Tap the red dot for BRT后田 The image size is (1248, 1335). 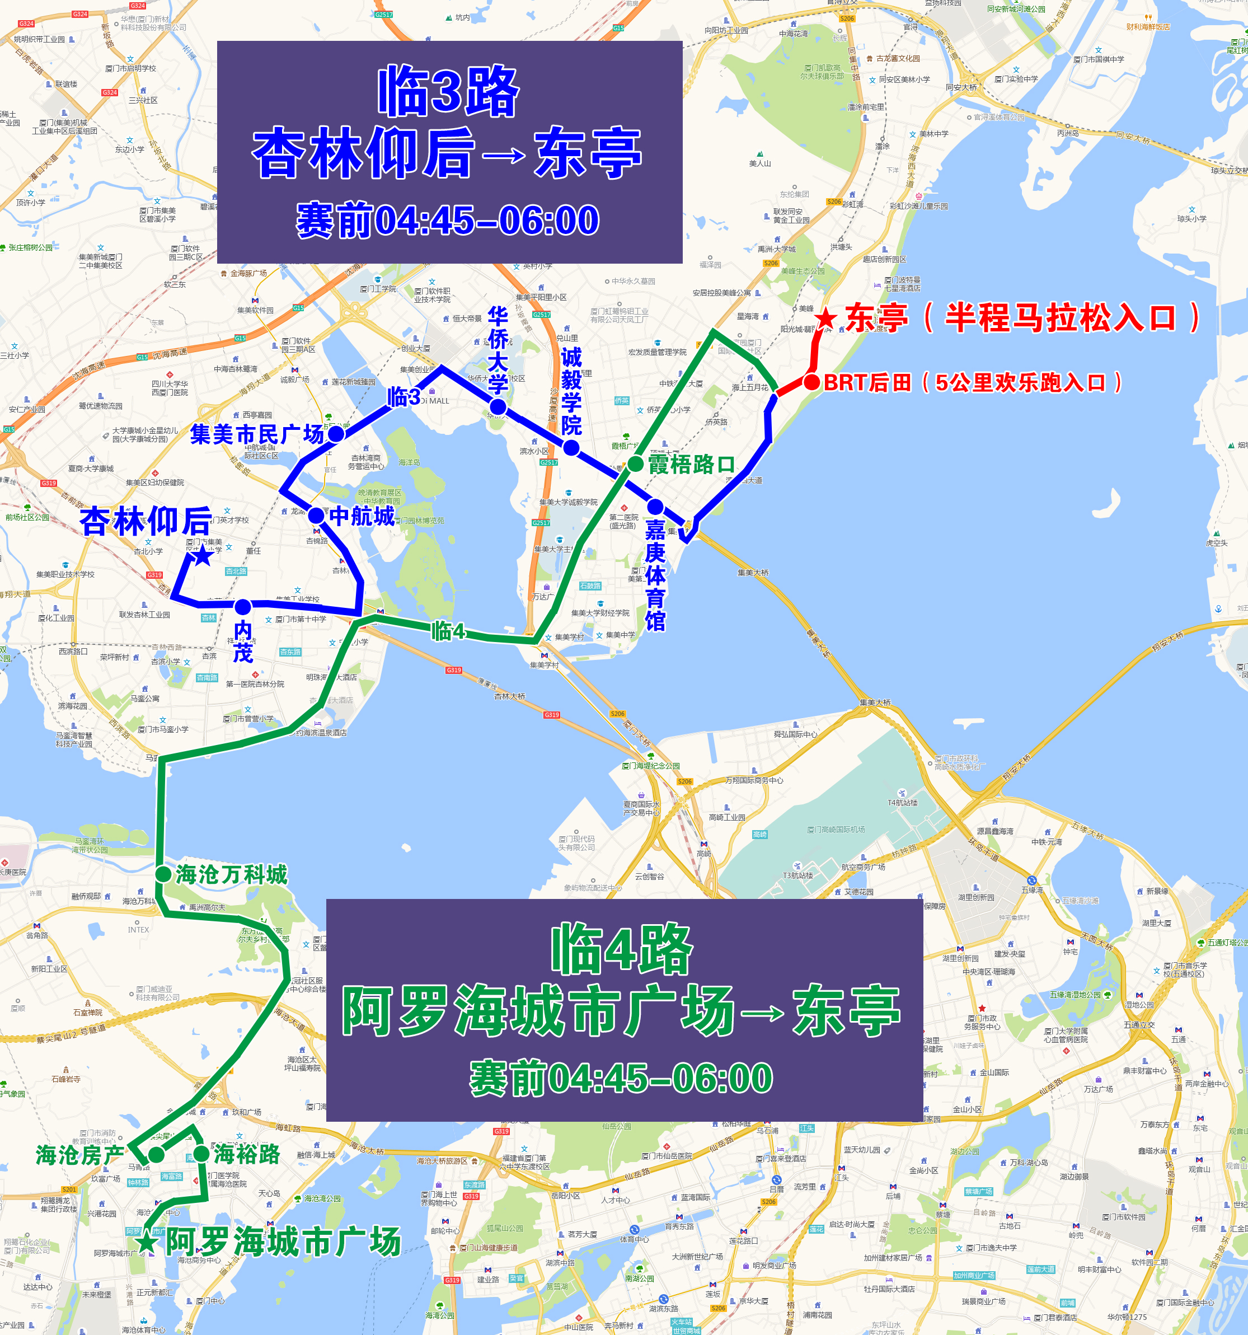click(x=811, y=382)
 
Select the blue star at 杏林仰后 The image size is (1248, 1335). click(x=201, y=555)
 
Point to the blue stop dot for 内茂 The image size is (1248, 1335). click(x=242, y=607)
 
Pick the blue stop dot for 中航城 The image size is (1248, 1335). click(x=316, y=516)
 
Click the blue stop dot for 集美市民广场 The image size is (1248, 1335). click(x=336, y=434)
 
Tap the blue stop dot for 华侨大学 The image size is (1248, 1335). click(x=498, y=406)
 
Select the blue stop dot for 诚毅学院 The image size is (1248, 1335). click(x=571, y=447)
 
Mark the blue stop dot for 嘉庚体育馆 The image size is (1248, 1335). click(x=655, y=507)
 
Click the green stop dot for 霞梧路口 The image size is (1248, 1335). click(x=635, y=463)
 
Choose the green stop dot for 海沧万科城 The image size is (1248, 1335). click(x=163, y=874)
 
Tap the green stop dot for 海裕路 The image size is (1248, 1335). click(x=201, y=1154)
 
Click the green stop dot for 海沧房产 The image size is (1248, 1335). click(x=156, y=1154)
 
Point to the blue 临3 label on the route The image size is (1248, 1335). click(x=404, y=397)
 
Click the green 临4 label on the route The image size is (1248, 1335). click(x=448, y=631)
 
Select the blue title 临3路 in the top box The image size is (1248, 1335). click(x=448, y=91)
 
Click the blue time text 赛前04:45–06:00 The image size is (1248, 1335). click(x=448, y=219)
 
